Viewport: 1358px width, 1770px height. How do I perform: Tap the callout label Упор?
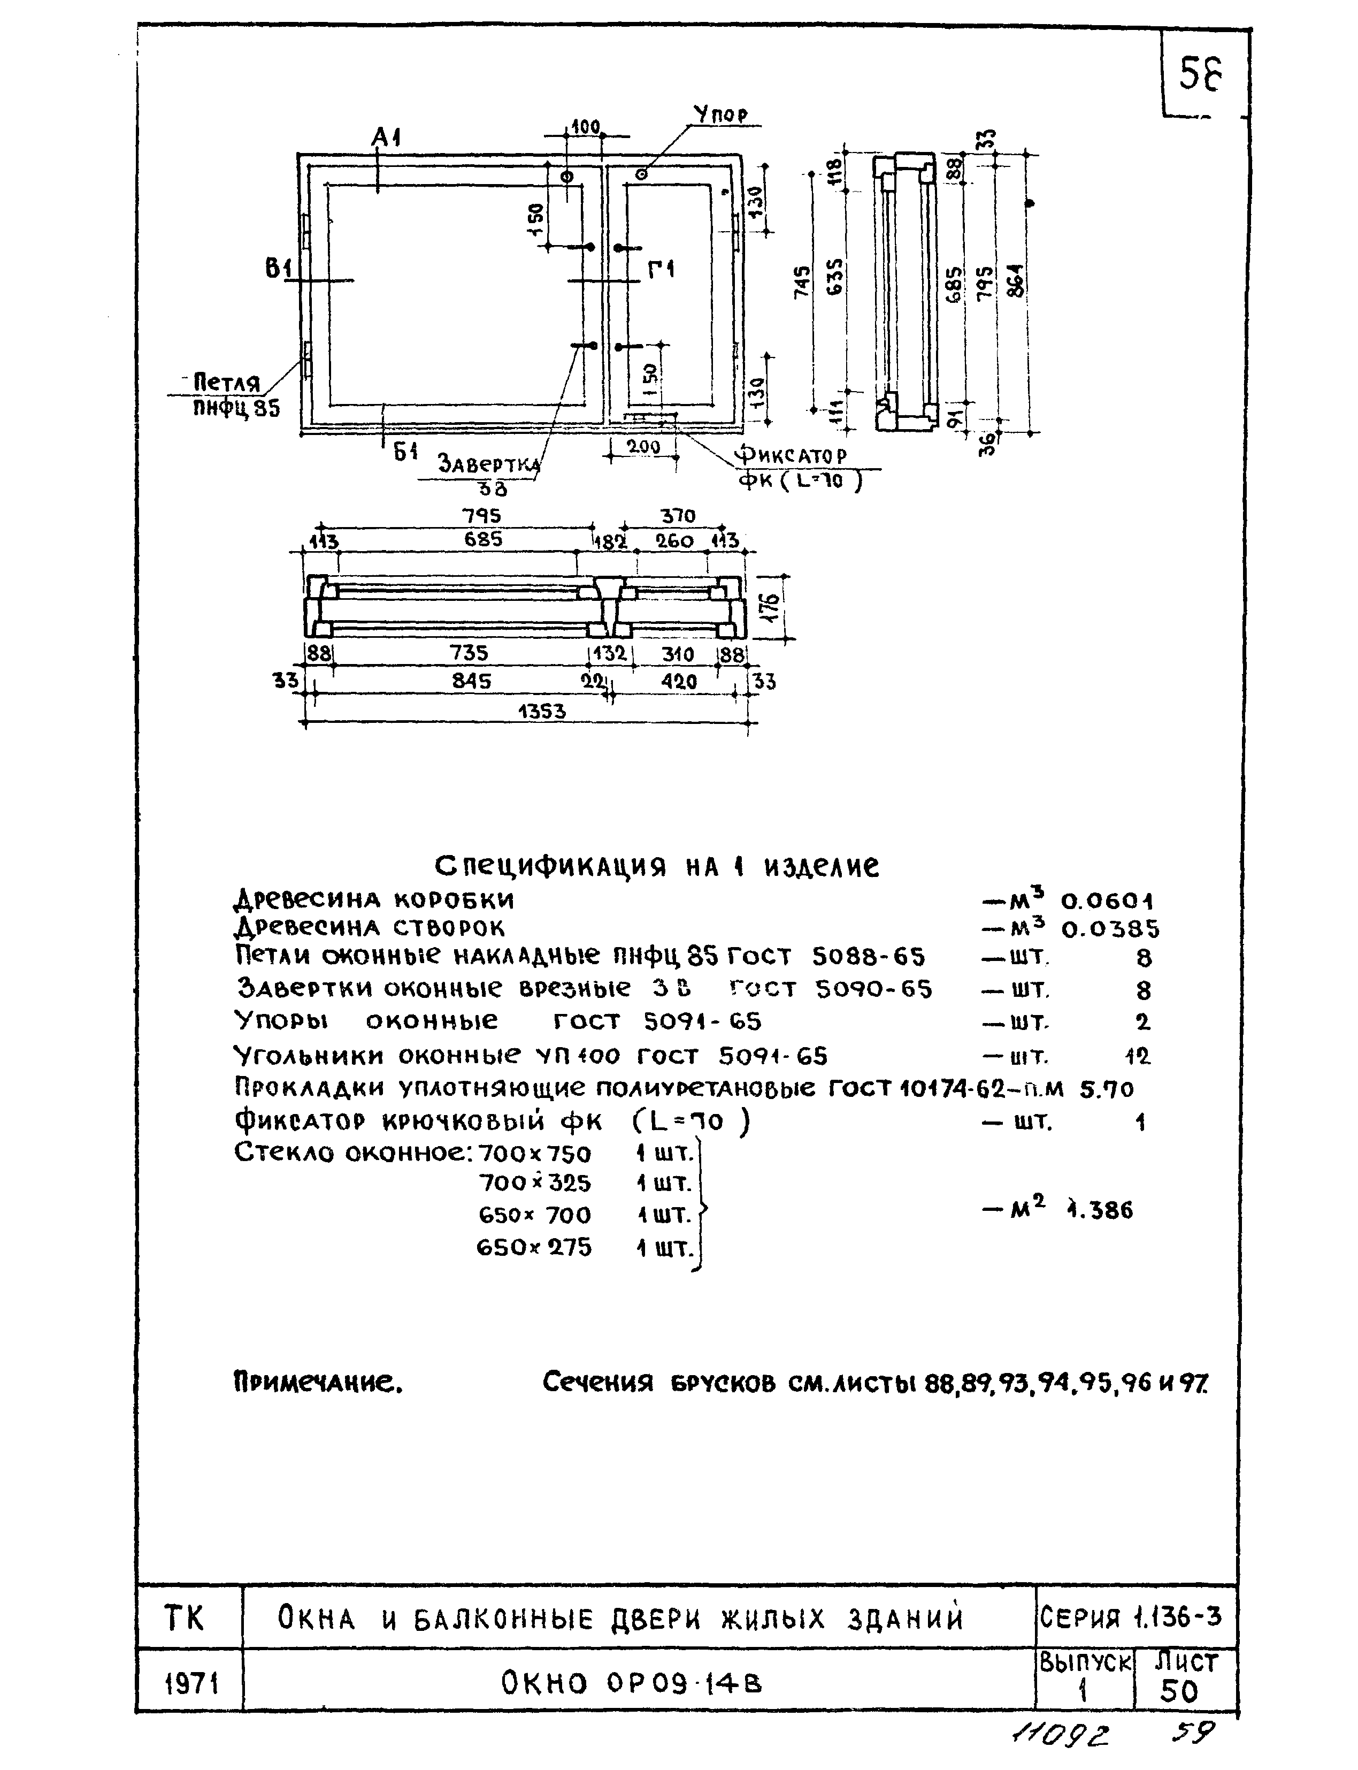pyautogui.click(x=722, y=115)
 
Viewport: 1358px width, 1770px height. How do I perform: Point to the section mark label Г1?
pyautogui.click(x=661, y=271)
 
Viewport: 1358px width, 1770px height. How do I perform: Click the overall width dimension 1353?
pyautogui.click(x=542, y=712)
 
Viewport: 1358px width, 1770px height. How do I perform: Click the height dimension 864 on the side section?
pyautogui.click(x=1016, y=280)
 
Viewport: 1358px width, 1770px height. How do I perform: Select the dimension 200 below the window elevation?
pyautogui.click(x=645, y=446)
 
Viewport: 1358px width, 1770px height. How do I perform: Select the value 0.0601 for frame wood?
pyautogui.click(x=1107, y=901)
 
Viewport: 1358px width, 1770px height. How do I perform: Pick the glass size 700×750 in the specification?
pyautogui.click(x=534, y=1153)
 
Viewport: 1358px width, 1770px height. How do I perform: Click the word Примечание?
pyautogui.click(x=318, y=1384)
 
